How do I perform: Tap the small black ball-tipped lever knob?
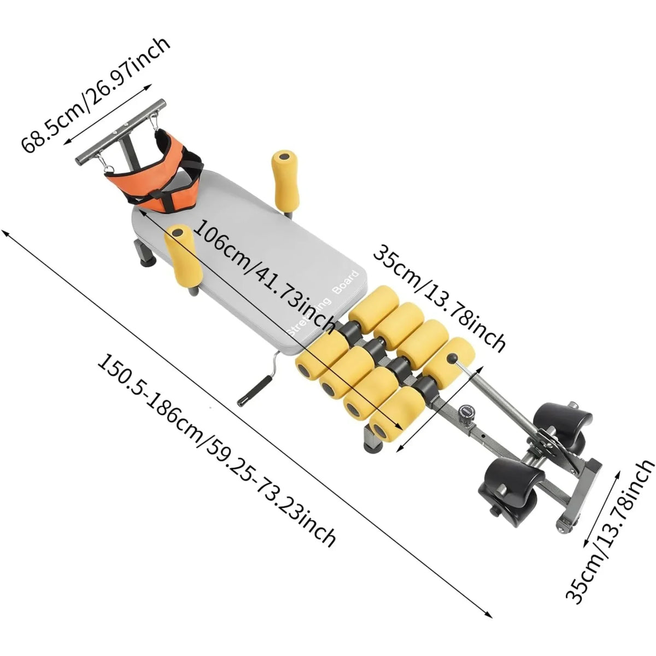pos(452,359)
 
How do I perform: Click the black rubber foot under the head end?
pos(148,262)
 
